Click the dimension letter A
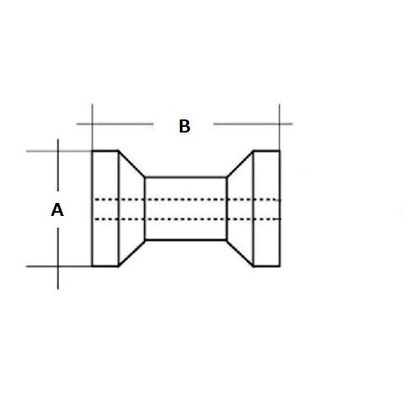[57, 209]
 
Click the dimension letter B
[185, 126]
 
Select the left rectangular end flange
[106, 209]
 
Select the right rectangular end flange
[267, 209]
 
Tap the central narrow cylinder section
[186, 209]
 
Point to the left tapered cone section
[132, 209]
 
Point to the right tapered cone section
[240, 209]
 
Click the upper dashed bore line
[187, 200]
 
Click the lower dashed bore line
[187, 219]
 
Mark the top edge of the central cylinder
[186, 178]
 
